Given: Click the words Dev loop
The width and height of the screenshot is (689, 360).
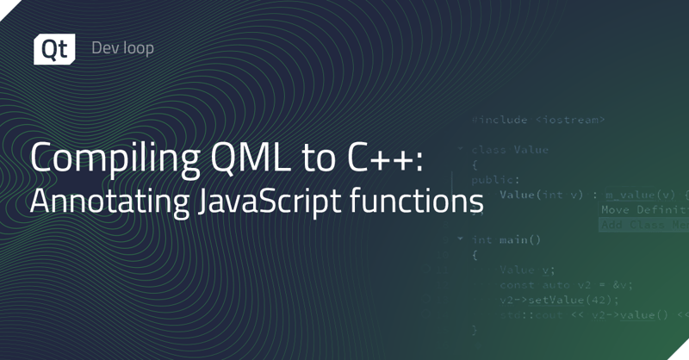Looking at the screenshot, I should [x=123, y=48].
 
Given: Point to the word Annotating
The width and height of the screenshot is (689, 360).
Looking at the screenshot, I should [x=98, y=203].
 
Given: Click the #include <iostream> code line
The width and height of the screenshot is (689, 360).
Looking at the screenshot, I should [x=538, y=120].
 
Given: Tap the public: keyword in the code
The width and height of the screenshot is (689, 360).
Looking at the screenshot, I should [x=494, y=180].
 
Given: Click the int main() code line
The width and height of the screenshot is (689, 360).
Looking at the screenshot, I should [x=506, y=239].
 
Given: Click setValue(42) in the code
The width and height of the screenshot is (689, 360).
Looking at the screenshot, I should [x=561, y=299].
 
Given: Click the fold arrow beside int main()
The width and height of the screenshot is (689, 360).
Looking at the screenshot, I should [x=461, y=239].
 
